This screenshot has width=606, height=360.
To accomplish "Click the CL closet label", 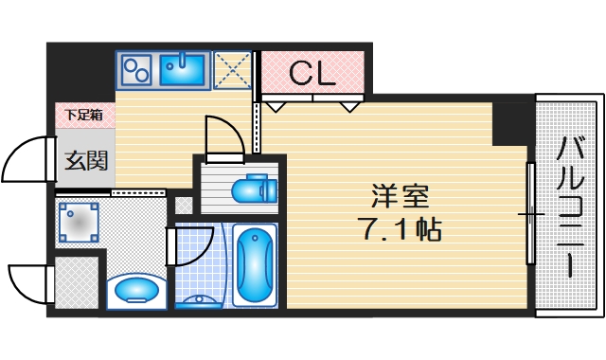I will [x=312, y=73].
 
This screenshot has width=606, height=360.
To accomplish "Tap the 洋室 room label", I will [x=400, y=198].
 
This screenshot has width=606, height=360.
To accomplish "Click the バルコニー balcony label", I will [x=570, y=206].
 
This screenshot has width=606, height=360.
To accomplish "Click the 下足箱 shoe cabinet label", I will [x=84, y=116].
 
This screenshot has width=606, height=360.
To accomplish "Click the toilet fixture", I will [x=253, y=189].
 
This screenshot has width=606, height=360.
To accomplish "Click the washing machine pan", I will [x=79, y=224].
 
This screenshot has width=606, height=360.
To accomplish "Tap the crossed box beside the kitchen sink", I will [x=233, y=69].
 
